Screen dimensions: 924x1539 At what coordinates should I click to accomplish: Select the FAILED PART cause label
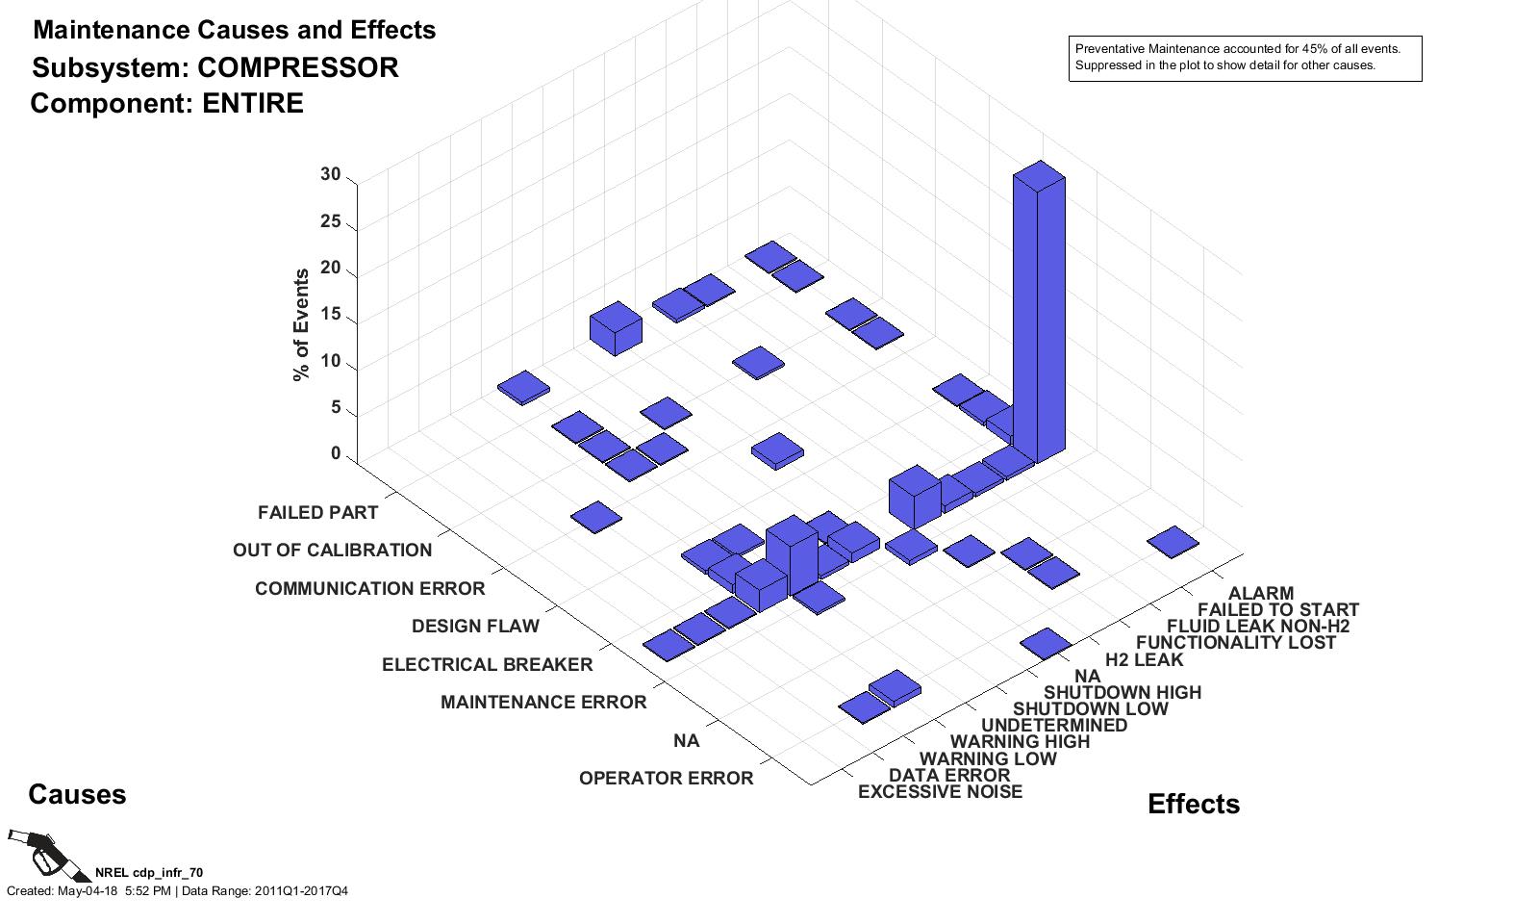pos(317,513)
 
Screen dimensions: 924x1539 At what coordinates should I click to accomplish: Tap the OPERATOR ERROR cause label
pos(666,779)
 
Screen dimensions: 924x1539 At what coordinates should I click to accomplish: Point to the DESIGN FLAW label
pos(475,627)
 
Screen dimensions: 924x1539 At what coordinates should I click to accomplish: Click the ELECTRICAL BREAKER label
pos(487,665)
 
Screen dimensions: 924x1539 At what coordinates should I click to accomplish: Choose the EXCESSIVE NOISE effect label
pos(940,792)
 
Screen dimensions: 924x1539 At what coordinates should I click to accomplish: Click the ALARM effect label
pos(1260,594)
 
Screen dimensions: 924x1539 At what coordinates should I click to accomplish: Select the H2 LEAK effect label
pos(1144,660)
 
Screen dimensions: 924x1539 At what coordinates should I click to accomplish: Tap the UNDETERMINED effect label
pos(1053,726)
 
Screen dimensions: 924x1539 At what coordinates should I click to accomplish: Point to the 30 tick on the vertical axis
pos(330,175)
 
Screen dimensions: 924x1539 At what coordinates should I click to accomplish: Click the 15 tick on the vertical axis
pos(330,315)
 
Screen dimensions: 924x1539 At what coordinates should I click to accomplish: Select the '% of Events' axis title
pos(301,325)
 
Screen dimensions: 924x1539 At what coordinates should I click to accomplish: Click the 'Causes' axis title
pos(77,795)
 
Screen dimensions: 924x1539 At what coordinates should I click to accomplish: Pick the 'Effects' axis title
pos(1193,805)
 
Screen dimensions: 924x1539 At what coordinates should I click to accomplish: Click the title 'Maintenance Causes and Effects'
pos(234,30)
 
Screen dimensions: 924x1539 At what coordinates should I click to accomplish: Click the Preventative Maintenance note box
pos(1245,58)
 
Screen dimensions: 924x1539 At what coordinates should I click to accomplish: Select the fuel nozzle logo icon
pos(37,852)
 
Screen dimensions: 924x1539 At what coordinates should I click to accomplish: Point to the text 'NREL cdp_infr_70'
pos(148,873)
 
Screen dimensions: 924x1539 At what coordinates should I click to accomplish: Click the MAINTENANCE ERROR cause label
pos(543,703)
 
